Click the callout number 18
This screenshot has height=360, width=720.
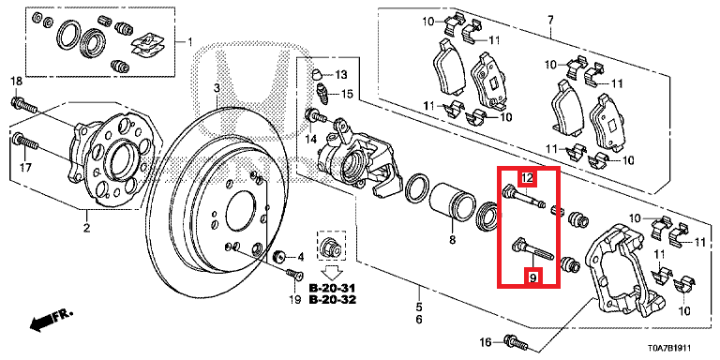point(17,82)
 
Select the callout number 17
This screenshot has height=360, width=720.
point(26,168)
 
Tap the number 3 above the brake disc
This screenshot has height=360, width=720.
point(217,88)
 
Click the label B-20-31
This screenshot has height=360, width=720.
point(332,289)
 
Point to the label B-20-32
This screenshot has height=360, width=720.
point(332,300)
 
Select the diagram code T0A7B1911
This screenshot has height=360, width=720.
point(667,349)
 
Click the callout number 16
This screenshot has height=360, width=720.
point(486,342)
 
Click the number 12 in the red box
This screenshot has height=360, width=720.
point(528,178)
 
